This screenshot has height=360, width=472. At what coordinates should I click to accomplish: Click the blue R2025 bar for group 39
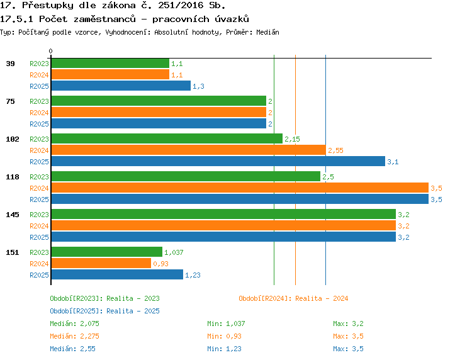point(121,86)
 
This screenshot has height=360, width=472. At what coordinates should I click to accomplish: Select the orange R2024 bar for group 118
point(240,188)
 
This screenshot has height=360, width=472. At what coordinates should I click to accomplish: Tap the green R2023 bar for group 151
point(107,252)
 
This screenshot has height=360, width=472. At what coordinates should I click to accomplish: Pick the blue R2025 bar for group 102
point(218,161)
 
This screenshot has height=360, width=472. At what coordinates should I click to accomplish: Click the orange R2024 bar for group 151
point(101,263)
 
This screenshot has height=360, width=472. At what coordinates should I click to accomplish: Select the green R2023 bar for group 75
point(159,101)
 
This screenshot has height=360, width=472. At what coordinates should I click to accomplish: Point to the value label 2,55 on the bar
point(335,150)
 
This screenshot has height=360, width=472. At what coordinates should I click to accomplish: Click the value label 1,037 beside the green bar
point(174,252)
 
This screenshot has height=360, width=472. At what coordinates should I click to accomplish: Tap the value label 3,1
point(393,162)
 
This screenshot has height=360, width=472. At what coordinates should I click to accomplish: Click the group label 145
point(13,215)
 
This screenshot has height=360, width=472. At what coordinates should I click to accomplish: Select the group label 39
point(10,64)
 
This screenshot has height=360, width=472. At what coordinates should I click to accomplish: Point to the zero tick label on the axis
point(50,51)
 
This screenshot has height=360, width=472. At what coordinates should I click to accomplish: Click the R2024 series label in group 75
point(39,113)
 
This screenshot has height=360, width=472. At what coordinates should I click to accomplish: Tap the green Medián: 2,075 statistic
point(74,323)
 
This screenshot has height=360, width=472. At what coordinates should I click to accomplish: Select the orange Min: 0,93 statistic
point(224,336)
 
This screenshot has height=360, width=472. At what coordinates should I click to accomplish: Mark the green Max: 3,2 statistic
point(348,323)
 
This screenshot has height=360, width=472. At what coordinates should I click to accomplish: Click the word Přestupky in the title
point(48,5)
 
